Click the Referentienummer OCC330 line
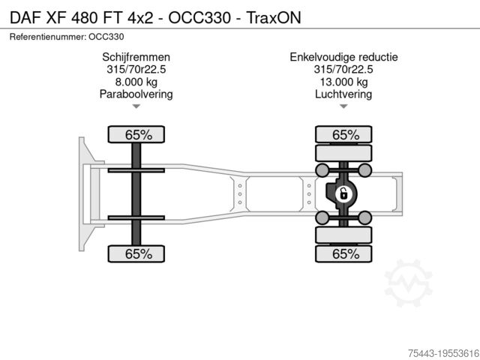(x=67, y=36)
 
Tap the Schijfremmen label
(x=136, y=57)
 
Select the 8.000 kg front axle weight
(x=136, y=82)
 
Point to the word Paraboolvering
(x=136, y=94)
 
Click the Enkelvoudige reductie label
(x=343, y=57)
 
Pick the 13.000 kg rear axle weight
(x=343, y=82)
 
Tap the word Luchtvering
(x=343, y=94)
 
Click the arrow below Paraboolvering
(x=136, y=107)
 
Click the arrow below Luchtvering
(x=343, y=107)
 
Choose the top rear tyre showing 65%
(x=345, y=135)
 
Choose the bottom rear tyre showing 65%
(x=345, y=254)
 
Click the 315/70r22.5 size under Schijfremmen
(x=136, y=70)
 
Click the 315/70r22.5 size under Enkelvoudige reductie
(x=343, y=70)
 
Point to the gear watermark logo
(x=408, y=283)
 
